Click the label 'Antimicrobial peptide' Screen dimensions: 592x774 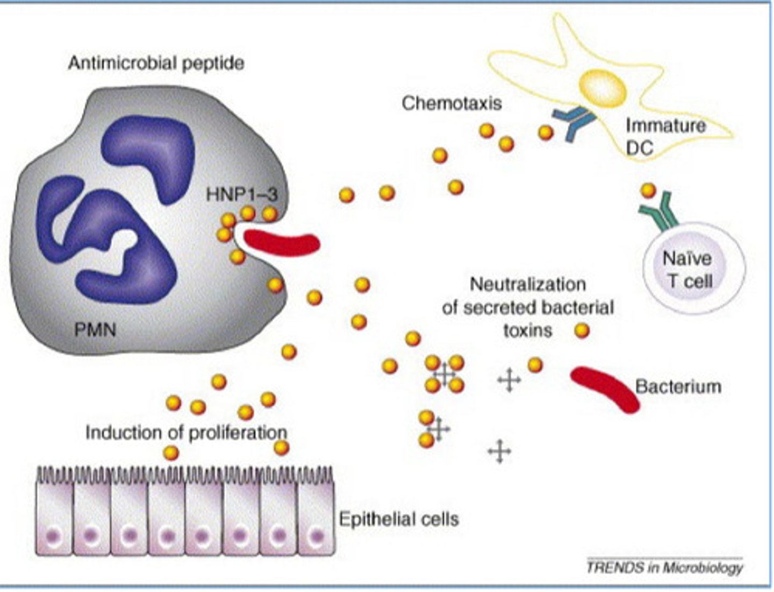point(156,63)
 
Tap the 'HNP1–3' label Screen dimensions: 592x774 point(241,194)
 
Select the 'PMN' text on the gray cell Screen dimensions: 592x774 point(95,328)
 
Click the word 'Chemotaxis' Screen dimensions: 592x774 point(451,103)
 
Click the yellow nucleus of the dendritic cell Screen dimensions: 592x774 point(604,89)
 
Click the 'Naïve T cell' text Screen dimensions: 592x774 point(687,269)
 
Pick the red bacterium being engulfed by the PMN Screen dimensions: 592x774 point(282,241)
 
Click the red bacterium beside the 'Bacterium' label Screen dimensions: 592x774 point(605,389)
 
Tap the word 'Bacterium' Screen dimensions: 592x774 point(678,386)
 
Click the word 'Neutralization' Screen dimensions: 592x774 point(528,284)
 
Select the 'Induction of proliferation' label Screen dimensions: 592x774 point(186,432)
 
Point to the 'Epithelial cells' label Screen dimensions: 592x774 point(399,519)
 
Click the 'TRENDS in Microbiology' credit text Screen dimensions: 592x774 point(664,567)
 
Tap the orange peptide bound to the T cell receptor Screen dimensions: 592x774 point(648,190)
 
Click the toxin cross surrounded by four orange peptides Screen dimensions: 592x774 point(445,373)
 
